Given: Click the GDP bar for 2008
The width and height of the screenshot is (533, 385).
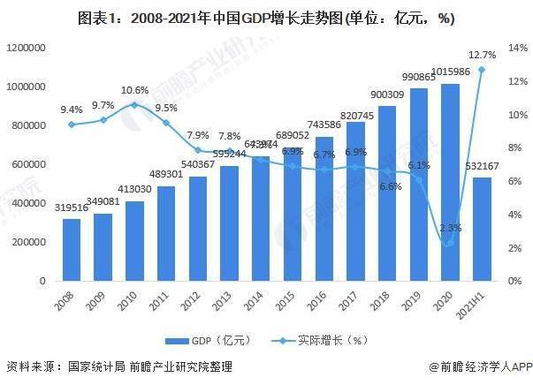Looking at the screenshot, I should [72, 250].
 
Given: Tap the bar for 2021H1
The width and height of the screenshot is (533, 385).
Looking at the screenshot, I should [482, 229].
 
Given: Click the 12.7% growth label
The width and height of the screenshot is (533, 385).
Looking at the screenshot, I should [482, 55].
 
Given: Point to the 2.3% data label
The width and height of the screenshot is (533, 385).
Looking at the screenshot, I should [450, 227].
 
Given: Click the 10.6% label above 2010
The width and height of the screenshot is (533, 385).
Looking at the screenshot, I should [134, 90].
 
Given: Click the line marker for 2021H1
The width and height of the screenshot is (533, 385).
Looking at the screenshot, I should [482, 69].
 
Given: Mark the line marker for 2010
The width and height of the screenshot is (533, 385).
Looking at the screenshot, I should [134, 104].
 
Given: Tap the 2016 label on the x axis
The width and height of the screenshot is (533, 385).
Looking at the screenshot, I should [323, 303].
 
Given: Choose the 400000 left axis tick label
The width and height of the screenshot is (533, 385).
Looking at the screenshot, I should [32, 203].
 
